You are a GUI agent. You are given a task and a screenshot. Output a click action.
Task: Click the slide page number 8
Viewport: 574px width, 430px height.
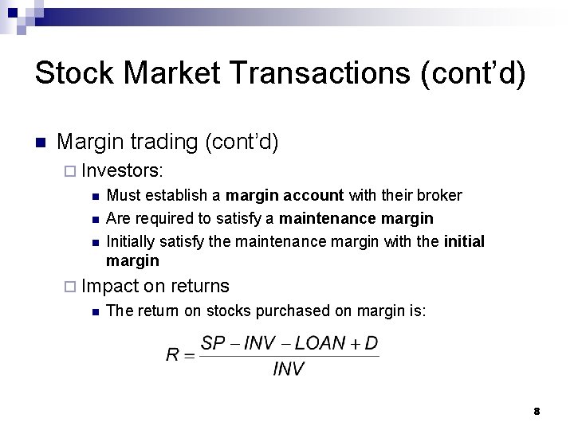click(537, 411)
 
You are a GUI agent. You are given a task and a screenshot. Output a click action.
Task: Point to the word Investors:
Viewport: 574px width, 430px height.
click(123, 170)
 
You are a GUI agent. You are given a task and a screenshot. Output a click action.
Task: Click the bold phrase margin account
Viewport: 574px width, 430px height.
click(285, 195)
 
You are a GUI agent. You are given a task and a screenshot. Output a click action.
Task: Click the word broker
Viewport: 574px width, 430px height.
click(440, 195)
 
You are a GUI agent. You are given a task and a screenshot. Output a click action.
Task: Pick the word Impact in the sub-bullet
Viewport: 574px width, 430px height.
click(110, 287)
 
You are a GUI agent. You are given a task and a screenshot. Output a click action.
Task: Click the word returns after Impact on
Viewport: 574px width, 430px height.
click(199, 287)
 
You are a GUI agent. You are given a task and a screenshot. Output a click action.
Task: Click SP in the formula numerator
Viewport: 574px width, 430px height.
click(213, 344)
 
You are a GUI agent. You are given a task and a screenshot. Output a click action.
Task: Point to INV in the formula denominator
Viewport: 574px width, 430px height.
click(289, 369)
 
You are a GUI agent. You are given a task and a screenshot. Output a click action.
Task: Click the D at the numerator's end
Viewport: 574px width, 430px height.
click(372, 344)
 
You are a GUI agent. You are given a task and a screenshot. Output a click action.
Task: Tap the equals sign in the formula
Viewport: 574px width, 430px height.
click(189, 356)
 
